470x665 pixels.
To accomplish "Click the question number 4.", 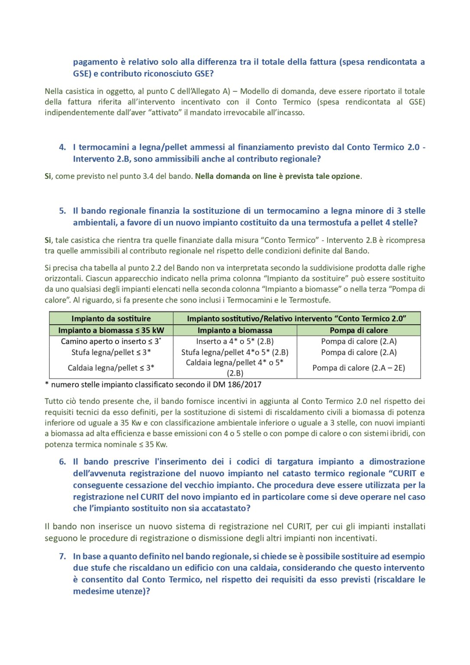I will click(63, 147).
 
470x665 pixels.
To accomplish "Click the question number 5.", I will click(63, 211).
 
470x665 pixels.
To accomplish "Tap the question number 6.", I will click(63, 462).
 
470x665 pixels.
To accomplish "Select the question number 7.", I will click(63, 556).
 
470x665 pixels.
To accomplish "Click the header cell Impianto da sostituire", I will click(111, 319).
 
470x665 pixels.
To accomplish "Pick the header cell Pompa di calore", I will click(359, 330).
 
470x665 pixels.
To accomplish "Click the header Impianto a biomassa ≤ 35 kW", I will click(111, 330).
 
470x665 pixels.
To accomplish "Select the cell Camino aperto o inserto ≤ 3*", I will click(111, 342).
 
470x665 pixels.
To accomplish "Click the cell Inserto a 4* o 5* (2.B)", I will click(235, 342).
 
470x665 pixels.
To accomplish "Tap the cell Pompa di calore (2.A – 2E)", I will click(359, 368).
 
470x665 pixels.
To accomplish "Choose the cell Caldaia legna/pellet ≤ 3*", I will click(111, 368).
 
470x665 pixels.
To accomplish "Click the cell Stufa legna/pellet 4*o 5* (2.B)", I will click(235, 352).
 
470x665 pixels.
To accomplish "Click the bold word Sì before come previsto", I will click(48, 176).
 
